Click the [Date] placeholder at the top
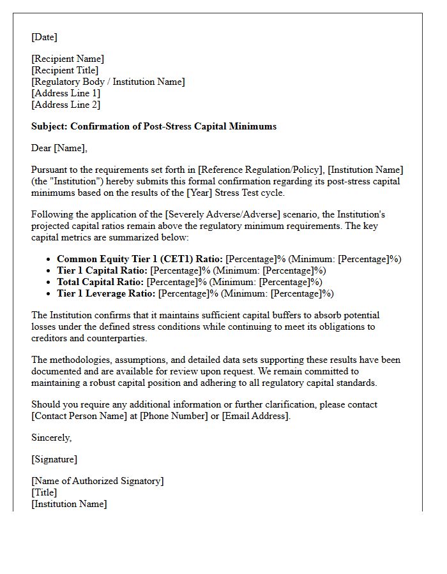point(44,37)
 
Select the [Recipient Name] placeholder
point(68,59)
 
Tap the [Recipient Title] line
point(65,70)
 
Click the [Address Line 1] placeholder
point(66,93)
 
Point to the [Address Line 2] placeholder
point(66,105)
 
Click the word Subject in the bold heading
point(49,126)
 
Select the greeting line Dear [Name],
point(59,148)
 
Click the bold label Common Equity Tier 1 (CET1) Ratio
point(140,259)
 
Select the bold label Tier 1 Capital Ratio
point(102,270)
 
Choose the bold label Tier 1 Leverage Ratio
point(105,293)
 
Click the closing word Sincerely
point(50,438)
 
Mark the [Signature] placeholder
point(54,459)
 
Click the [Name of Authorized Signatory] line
point(98,481)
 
